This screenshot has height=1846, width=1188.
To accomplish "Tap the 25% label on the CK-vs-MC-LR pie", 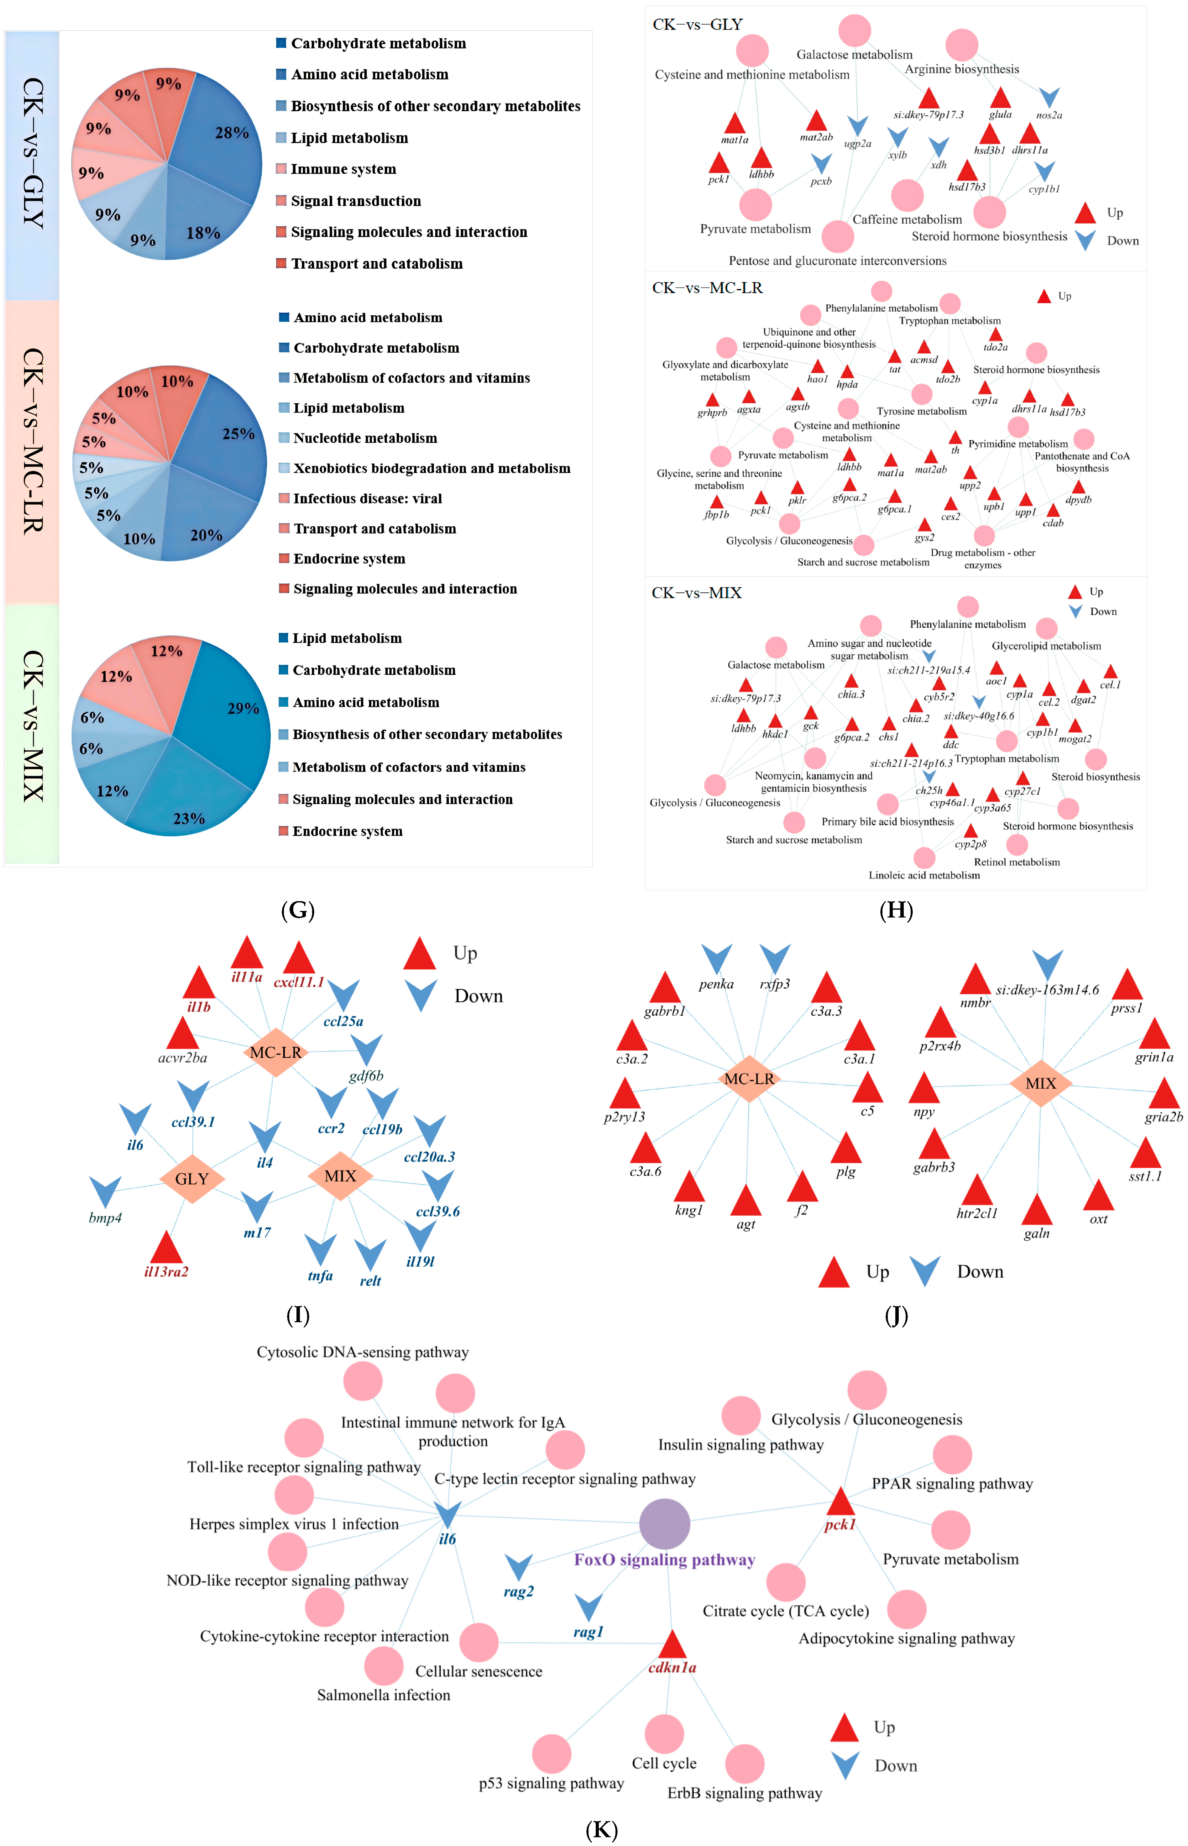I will (238, 434).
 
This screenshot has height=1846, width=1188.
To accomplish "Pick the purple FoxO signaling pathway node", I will (664, 1523).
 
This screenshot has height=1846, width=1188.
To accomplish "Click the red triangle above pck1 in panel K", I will (840, 1502).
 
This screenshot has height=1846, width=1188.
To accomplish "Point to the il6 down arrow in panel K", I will (447, 1514).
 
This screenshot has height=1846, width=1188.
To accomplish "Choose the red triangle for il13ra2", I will (166, 1247).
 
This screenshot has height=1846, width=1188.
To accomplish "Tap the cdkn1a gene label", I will (672, 1667).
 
